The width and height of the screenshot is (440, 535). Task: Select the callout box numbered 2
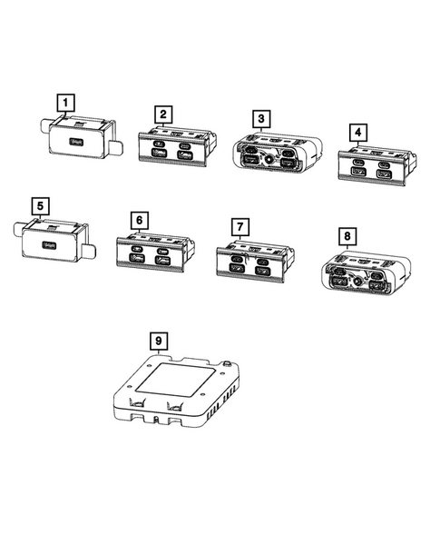163,114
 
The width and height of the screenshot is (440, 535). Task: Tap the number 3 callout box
260,118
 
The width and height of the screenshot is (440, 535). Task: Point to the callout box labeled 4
359,133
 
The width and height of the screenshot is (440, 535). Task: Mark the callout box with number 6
138,220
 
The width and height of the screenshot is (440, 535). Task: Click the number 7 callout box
239,224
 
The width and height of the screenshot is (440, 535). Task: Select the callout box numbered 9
159,341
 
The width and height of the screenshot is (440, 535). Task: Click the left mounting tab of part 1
42,131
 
